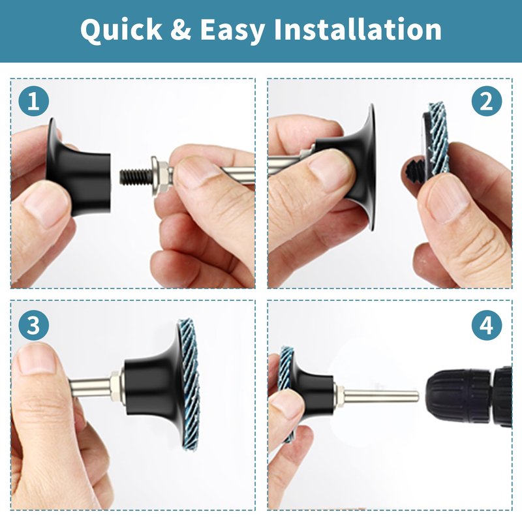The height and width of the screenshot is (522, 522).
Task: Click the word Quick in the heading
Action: pos(121,30)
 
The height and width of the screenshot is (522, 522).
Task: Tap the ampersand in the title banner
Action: pos(181,29)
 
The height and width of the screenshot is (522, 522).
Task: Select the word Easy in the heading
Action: pos(232,31)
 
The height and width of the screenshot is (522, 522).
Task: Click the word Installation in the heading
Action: pos(357,29)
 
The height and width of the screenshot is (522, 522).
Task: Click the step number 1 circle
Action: pos(34,101)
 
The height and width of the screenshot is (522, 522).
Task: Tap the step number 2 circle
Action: pos(487,101)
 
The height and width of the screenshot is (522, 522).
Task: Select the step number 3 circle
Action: pos(34,325)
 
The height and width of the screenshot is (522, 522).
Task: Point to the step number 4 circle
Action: pos(487,325)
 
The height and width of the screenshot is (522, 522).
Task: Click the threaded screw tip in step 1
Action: pos(136,176)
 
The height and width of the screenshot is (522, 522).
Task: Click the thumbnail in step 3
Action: pos(36,359)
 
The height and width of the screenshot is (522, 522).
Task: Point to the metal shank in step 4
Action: pos(380,395)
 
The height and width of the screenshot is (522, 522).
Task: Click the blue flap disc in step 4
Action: pos(286,393)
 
